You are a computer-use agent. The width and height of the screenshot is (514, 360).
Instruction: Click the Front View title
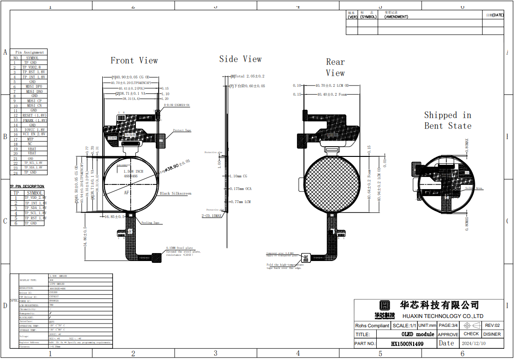tap(134, 60)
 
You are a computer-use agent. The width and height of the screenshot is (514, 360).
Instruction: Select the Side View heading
tap(240, 59)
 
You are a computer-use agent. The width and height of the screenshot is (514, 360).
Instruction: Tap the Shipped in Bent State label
tap(448, 120)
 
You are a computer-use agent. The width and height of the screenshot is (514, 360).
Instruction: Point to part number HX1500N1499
tap(407, 343)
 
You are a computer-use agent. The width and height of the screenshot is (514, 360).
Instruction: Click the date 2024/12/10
tap(473, 343)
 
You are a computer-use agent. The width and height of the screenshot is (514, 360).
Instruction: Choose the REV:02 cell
tap(492, 325)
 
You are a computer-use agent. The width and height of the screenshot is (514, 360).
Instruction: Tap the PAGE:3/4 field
tap(448, 325)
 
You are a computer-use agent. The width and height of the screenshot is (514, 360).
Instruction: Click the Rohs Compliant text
tap(372, 325)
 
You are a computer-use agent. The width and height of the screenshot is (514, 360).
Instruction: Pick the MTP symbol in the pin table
tap(30, 139)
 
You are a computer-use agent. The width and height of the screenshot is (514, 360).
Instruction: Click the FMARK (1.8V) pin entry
tap(35, 120)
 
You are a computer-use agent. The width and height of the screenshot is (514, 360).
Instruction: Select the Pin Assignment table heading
tap(29, 52)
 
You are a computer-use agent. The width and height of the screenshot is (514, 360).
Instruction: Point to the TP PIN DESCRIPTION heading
tap(28, 186)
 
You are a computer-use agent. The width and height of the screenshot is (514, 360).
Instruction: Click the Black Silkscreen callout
tap(176, 193)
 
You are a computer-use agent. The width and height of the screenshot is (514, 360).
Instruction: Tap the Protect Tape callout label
tap(182, 130)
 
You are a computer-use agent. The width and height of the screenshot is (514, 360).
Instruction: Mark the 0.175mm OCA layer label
tap(240, 189)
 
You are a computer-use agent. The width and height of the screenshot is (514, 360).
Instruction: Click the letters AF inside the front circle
tap(127, 192)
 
